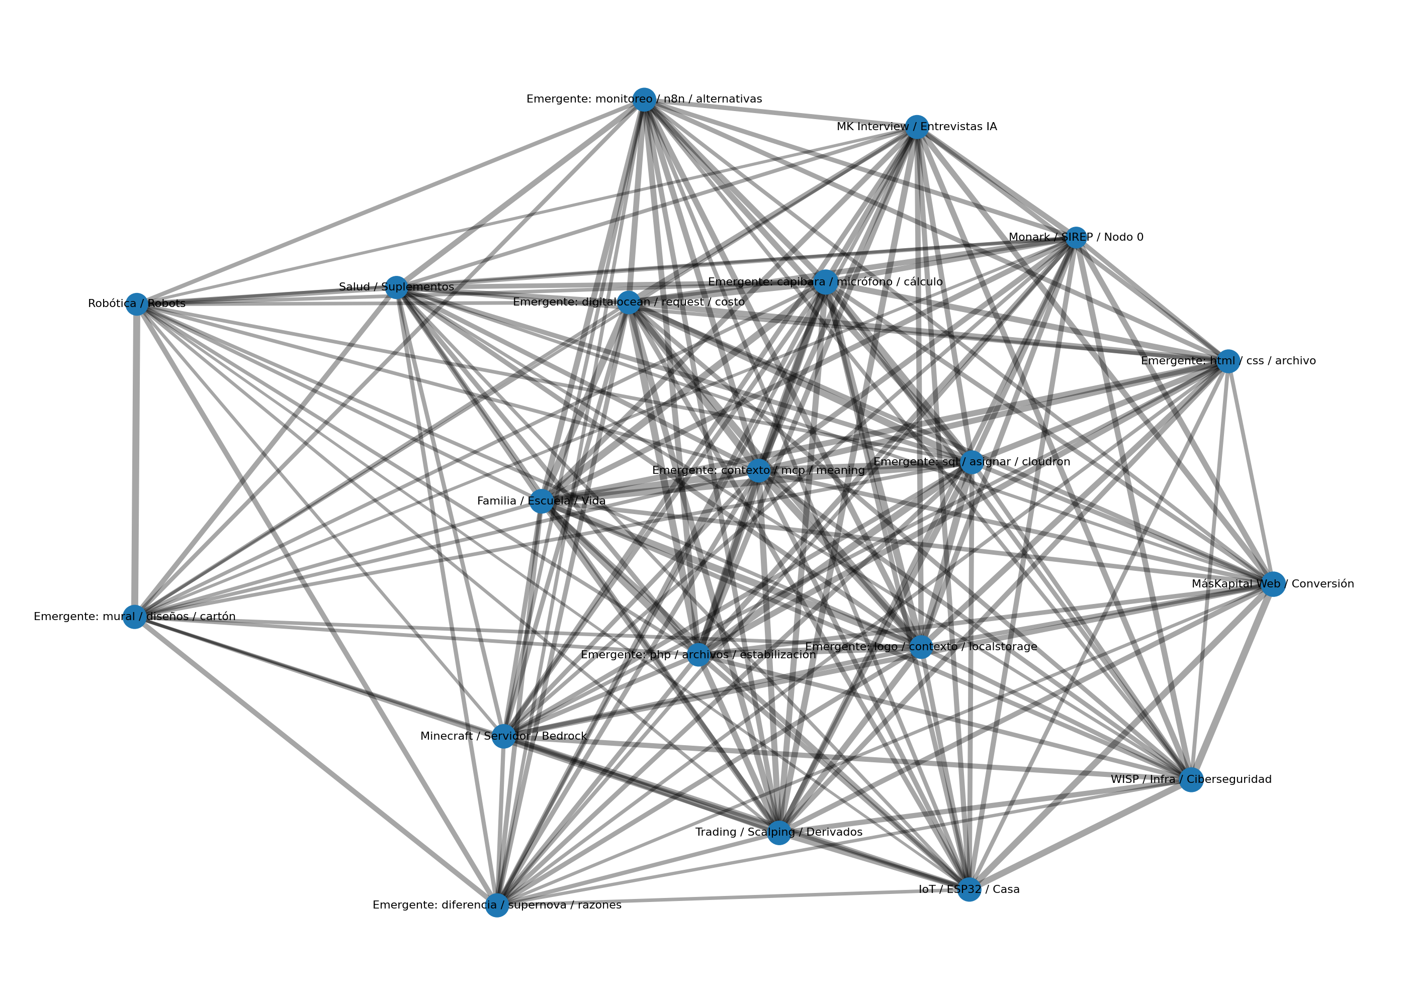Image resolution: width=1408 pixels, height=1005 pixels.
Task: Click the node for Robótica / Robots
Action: [136, 304]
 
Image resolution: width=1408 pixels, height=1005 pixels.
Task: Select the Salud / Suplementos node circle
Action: [396, 287]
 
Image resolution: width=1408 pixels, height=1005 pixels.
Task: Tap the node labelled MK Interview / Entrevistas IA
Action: [916, 127]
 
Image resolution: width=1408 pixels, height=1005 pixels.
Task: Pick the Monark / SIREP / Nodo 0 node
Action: [1076, 238]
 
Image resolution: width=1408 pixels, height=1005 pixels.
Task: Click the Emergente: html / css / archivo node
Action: [1228, 361]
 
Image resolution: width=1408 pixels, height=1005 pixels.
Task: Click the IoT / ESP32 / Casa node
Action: [969, 890]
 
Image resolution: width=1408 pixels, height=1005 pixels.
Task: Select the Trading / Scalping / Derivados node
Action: [778, 832]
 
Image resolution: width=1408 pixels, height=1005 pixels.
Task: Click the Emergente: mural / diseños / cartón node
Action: [134, 617]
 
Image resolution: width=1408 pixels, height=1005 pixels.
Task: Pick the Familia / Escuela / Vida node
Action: [541, 500]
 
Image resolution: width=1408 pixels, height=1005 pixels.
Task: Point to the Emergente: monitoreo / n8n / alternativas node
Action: [644, 99]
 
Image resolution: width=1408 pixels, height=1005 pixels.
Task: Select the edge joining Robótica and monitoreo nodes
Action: [390, 201]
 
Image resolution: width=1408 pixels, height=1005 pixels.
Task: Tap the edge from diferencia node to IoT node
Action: [731, 898]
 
